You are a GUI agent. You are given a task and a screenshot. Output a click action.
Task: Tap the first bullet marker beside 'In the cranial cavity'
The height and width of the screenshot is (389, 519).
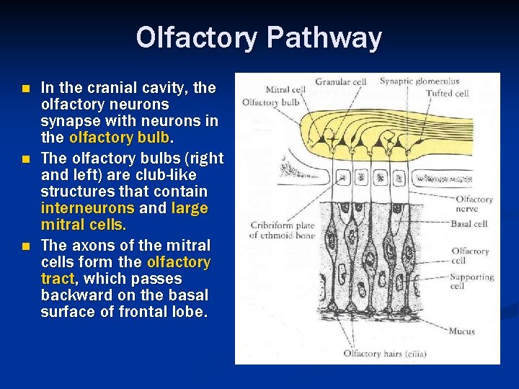tap(27, 89)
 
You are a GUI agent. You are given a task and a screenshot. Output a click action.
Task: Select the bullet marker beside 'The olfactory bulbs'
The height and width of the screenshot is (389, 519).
tap(27, 158)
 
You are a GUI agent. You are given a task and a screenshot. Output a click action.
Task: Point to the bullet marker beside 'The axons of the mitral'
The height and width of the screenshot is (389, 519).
tap(27, 246)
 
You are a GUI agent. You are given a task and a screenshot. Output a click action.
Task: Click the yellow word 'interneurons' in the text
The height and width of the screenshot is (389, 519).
tap(88, 209)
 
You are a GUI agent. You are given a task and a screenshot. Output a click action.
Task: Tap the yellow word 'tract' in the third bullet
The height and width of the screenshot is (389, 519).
tap(58, 279)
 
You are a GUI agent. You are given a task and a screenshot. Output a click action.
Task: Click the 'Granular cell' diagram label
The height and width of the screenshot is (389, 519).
tap(340, 82)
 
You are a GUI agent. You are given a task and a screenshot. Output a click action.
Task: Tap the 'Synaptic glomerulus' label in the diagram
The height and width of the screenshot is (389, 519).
tap(420, 81)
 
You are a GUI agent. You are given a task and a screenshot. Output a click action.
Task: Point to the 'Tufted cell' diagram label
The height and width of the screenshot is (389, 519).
tap(447, 93)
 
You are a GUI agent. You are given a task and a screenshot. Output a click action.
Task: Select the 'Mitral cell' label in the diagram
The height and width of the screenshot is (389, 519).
tap(286, 90)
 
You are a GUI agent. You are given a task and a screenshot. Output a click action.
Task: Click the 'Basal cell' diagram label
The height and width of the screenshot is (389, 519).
tap(469, 224)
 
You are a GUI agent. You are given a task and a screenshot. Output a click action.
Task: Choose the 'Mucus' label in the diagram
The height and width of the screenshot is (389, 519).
tap(461, 331)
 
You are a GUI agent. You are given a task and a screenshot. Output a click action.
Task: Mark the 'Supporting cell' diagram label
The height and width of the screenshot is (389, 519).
tap(471, 281)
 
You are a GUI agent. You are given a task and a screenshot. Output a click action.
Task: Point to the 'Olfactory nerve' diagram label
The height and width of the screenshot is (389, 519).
tap(474, 204)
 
